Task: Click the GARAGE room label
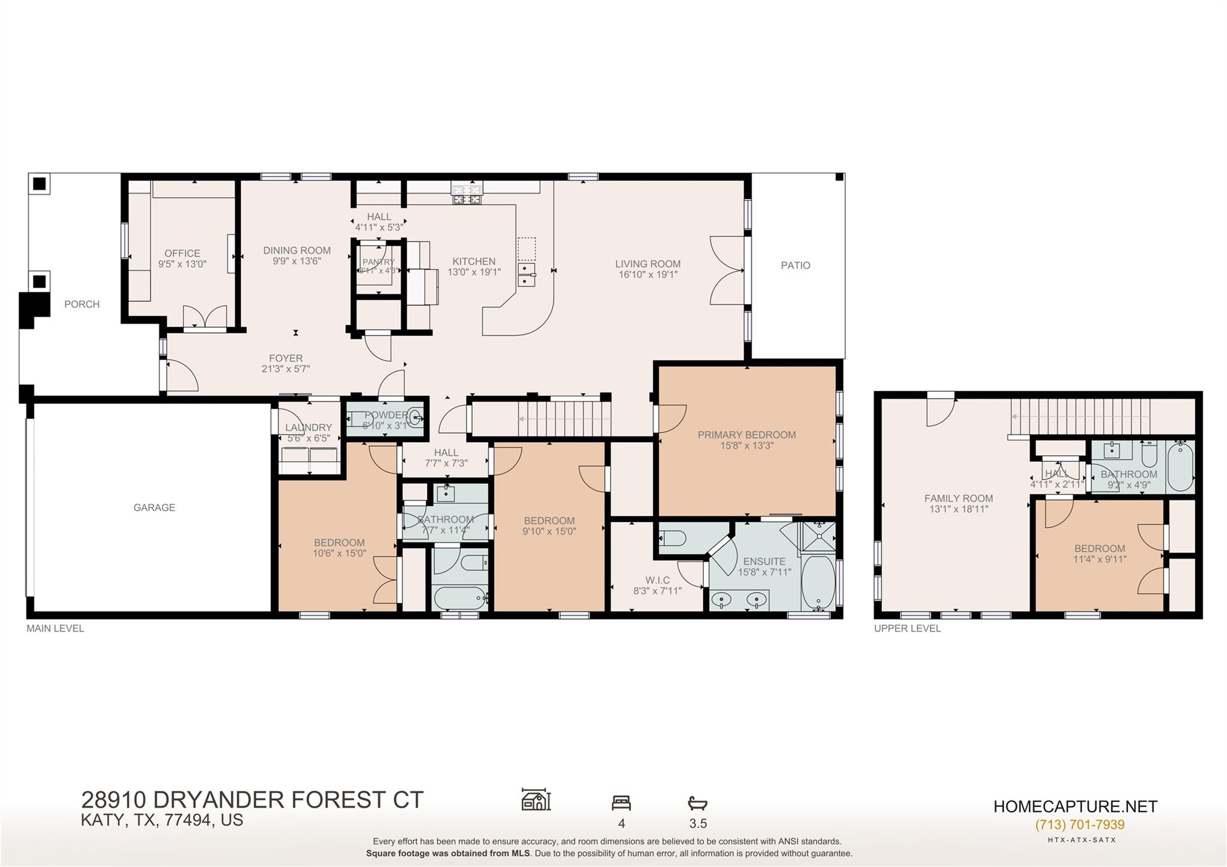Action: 154,507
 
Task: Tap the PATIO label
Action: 795,265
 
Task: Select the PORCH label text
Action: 82,304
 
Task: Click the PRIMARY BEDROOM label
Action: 747,435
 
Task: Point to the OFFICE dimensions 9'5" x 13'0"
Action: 182,264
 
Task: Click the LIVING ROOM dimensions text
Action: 648,275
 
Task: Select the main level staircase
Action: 564,418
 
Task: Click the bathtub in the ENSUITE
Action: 817,582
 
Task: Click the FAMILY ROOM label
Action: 958,499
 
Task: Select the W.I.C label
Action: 657,581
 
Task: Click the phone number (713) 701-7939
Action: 1080,825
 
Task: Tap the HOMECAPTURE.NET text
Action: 1075,806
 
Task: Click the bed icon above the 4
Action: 621,803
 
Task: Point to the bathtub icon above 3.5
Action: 697,803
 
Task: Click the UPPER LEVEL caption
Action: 907,629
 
